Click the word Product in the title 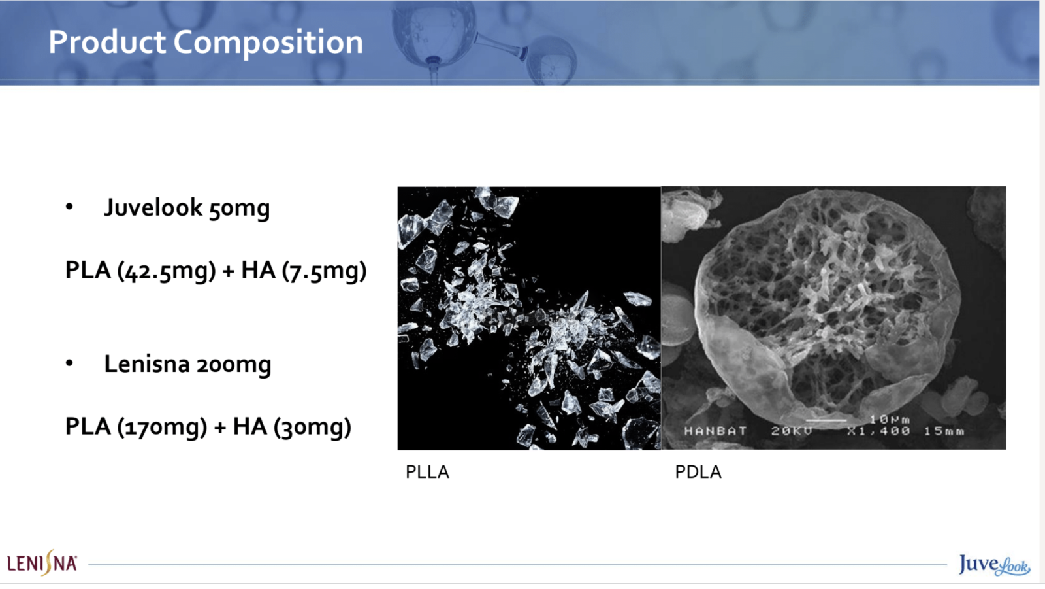(x=107, y=42)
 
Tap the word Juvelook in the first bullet (x=153, y=207)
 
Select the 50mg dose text (x=239, y=209)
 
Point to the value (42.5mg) (x=167, y=271)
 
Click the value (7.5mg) (x=324, y=271)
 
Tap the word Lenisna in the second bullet (x=146, y=364)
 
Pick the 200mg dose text (x=234, y=365)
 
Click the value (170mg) (x=162, y=427)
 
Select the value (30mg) (x=312, y=427)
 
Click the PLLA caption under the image (x=427, y=472)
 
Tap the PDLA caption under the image (x=698, y=472)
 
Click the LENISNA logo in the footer (x=42, y=563)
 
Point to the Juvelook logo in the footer (x=994, y=565)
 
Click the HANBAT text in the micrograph (x=715, y=431)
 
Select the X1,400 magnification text (x=878, y=431)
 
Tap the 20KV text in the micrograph (x=792, y=431)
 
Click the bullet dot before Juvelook (x=69, y=207)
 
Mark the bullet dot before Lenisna (x=69, y=363)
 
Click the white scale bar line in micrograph (x=826, y=420)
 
